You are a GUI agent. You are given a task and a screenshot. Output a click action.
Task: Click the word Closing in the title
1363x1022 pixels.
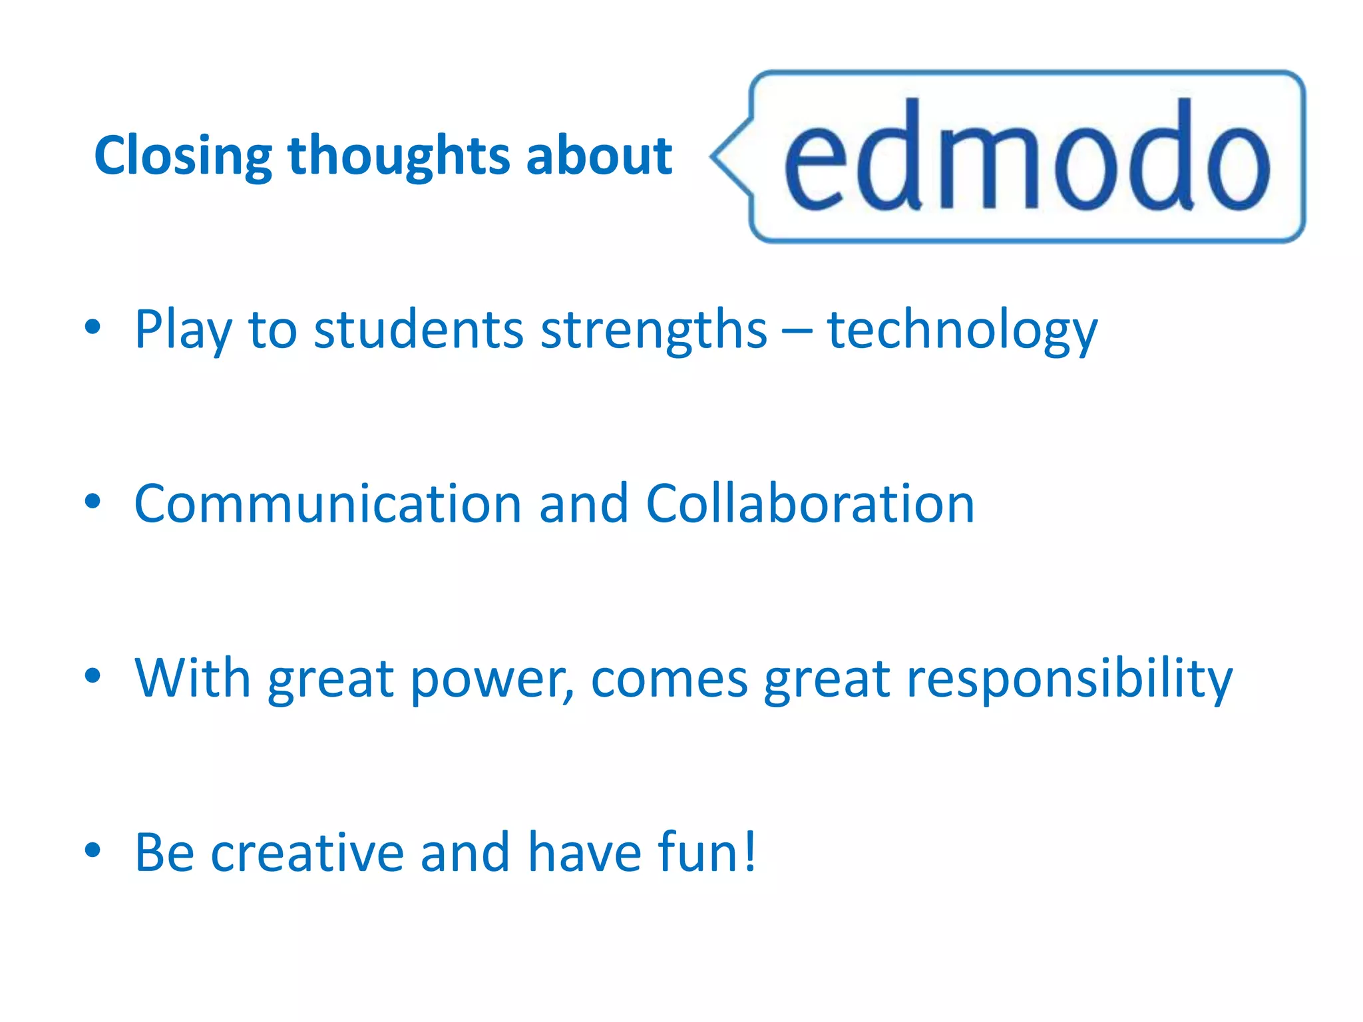coord(183,156)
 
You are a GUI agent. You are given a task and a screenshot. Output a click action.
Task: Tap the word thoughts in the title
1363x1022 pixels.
coord(398,156)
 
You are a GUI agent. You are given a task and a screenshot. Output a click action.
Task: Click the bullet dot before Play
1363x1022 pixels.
coord(93,327)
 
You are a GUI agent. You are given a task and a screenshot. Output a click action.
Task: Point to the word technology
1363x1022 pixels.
coord(962,331)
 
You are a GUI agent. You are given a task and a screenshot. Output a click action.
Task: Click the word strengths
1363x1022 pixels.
coord(654,331)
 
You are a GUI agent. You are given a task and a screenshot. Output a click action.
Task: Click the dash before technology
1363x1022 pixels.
coord(797,331)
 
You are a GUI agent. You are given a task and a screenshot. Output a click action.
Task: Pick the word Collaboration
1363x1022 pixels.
coord(810,504)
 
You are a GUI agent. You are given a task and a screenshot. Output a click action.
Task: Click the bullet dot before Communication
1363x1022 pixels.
coord(93,501)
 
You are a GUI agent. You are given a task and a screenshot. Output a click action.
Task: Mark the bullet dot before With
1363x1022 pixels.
coord(93,675)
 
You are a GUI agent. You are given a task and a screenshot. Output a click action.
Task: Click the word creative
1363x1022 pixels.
coord(307,852)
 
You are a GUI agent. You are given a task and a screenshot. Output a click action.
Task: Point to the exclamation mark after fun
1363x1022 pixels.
coord(750,851)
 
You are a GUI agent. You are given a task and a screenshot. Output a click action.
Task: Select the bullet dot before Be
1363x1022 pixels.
coord(93,850)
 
